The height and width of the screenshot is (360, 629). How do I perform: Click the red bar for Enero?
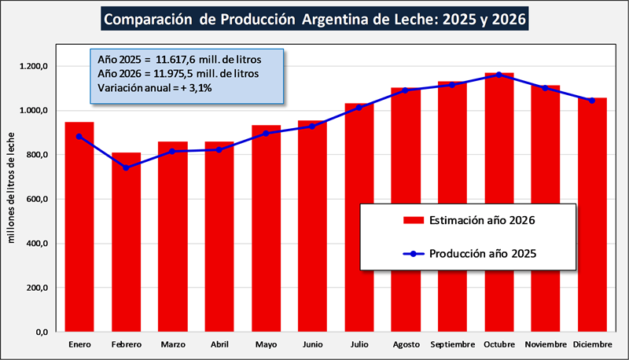coord(80,228)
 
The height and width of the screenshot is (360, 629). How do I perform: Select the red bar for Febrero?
coord(127,244)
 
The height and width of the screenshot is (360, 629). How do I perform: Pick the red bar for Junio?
coord(313,228)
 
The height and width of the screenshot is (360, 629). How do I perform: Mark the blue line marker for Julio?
coord(359,107)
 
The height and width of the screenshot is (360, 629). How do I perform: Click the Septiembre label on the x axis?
coord(453,345)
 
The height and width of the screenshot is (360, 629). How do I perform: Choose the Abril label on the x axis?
coord(219,345)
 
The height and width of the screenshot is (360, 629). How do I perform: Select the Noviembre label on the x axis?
coord(546,345)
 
